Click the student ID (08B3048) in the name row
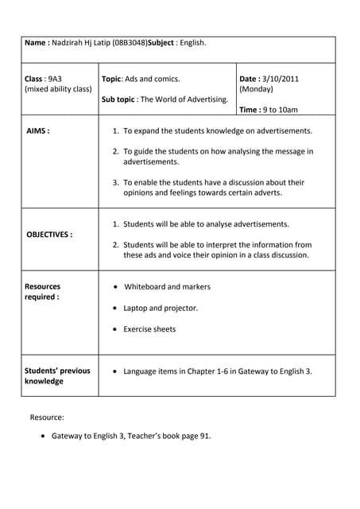[130, 42]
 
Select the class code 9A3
[54, 79]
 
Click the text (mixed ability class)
[58, 89]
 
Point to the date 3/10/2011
[281, 79]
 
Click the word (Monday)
[256, 89]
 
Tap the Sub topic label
[119, 99]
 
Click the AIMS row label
[38, 130]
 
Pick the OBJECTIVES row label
[49, 235]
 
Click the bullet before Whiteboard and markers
[117, 287]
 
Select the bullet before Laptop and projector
[117, 308]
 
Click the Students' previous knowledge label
[57, 375]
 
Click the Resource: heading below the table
[47, 417]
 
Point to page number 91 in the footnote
[206, 436]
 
